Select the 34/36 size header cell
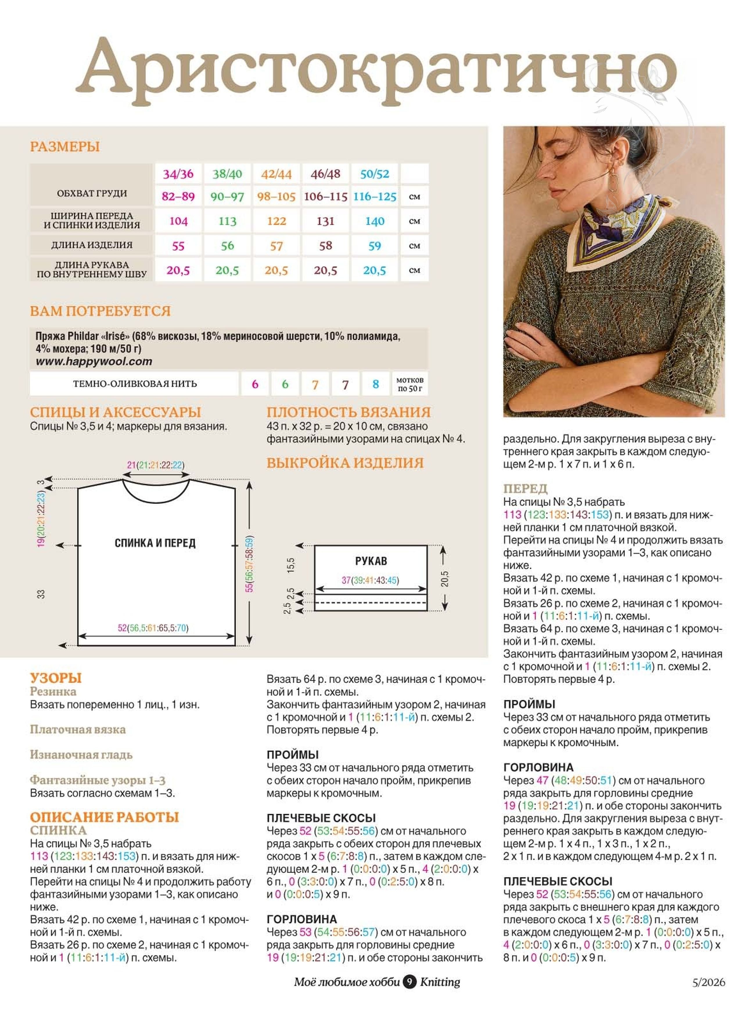[x=178, y=174]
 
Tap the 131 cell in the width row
[x=326, y=221]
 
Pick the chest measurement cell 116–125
[x=375, y=197]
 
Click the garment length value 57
[x=276, y=246]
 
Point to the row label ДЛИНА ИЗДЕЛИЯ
[x=91, y=245]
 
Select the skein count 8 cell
[x=376, y=384]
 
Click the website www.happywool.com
[x=94, y=362]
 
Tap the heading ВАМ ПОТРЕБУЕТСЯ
[x=100, y=311]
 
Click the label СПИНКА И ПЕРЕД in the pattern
[x=155, y=543]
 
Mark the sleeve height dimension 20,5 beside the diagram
[x=445, y=578]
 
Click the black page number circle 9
[x=409, y=982]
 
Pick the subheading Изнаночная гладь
[x=81, y=754]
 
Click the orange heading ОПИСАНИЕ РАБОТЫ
[x=105, y=817]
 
